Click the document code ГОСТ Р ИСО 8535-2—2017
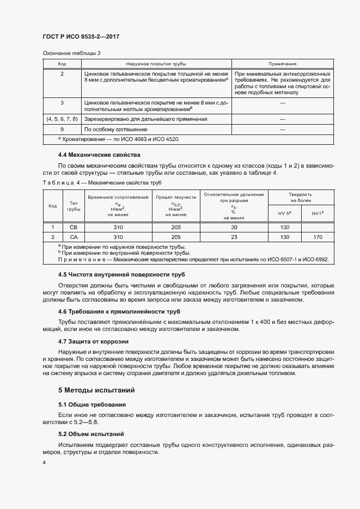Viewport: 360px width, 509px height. (81, 36)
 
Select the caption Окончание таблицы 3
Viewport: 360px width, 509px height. (71, 53)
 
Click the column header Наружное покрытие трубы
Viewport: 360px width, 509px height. (156, 64)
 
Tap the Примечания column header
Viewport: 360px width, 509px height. (282, 64)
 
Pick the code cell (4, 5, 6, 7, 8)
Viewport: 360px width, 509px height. (62, 118)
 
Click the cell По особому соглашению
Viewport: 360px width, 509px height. (115, 130)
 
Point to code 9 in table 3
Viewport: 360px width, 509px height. (62, 130)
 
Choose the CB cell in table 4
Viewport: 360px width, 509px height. (73, 227)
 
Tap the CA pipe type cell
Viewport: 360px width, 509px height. (73, 237)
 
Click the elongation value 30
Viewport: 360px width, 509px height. (234, 227)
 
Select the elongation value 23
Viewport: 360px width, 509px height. (234, 237)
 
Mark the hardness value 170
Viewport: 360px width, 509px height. (318, 237)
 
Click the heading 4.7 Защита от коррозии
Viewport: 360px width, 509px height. (93, 341)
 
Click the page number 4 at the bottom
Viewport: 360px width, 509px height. (44, 463)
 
